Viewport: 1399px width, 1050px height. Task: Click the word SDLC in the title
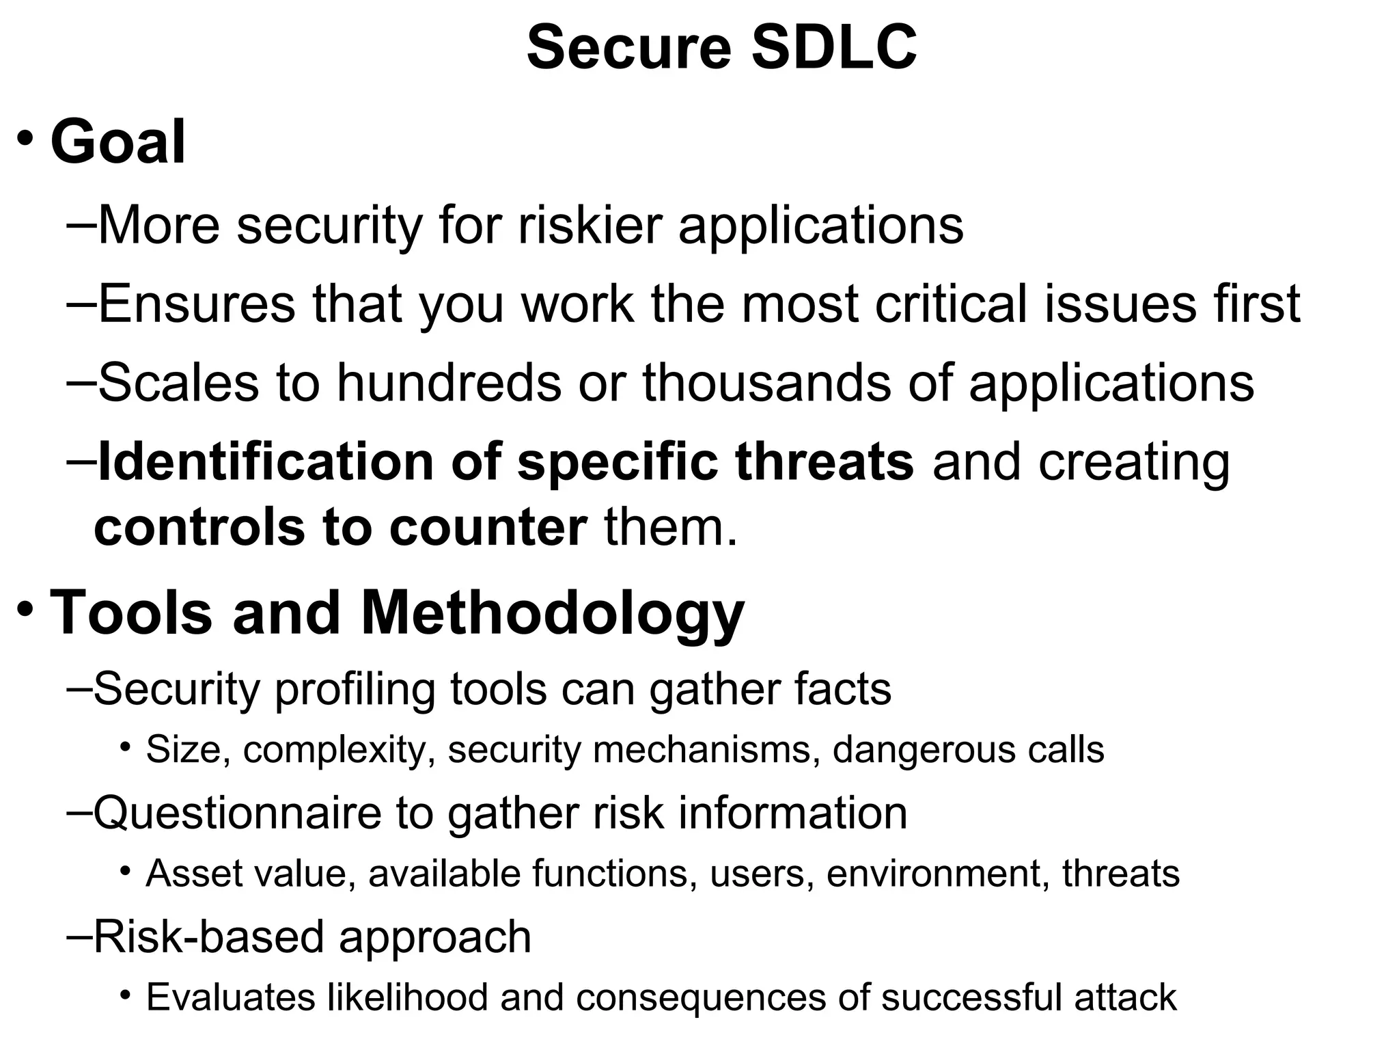pos(834,48)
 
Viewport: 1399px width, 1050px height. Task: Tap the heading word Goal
pos(118,142)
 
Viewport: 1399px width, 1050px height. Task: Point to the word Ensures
pos(197,304)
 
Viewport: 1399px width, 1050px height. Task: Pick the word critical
pos(952,304)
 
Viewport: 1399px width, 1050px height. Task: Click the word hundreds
pos(449,382)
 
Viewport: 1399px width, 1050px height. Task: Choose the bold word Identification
pos(266,461)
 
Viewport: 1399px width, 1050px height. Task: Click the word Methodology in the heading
pos(552,613)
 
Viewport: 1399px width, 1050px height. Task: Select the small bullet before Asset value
pos(124,870)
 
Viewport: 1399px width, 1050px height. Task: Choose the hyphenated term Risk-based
pos(208,937)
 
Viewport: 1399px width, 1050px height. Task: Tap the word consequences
pos(702,997)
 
